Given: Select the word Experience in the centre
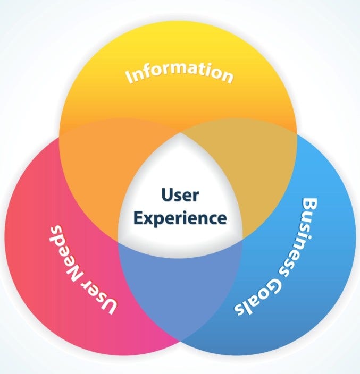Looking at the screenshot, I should coord(180,217).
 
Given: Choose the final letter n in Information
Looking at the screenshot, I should coord(227,76).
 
